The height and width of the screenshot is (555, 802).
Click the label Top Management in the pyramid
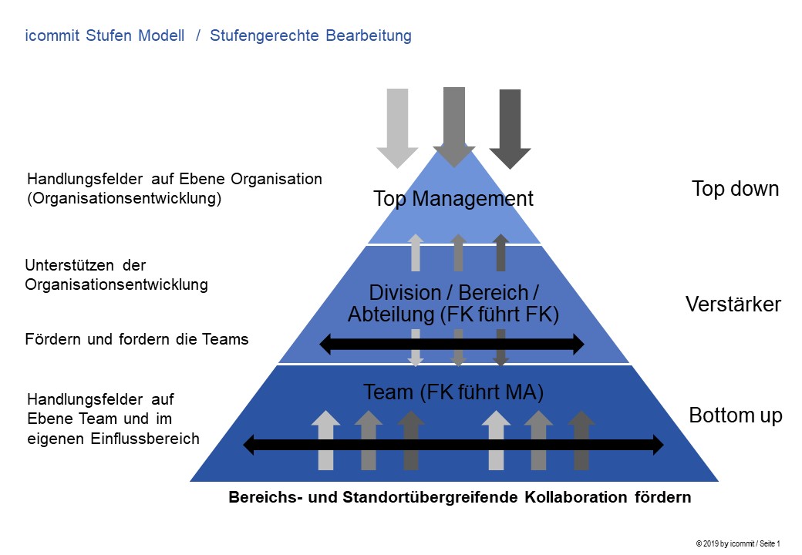click(453, 199)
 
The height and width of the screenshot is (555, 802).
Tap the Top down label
click(735, 189)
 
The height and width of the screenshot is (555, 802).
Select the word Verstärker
click(733, 304)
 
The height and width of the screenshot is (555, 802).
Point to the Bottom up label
click(735, 416)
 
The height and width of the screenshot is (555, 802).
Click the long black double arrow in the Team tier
click(453, 445)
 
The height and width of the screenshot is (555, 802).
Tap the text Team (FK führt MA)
click(453, 392)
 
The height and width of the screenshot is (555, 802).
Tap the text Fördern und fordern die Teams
click(137, 339)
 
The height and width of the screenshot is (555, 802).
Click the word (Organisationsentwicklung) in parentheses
click(123, 198)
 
